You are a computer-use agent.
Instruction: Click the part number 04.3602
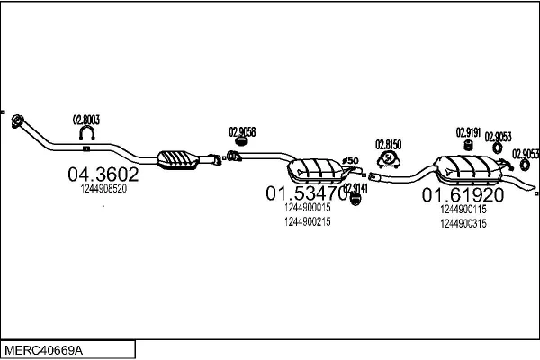103,175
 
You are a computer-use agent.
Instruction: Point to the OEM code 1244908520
103,189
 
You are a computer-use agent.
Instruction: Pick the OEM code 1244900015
307,208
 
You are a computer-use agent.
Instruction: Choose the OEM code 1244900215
307,221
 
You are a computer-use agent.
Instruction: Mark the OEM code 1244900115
463,210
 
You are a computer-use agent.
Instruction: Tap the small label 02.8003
85,119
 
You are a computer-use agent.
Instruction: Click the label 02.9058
242,131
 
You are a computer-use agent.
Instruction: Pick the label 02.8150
389,144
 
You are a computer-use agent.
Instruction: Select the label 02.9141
355,187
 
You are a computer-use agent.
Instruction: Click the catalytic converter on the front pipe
180,158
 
